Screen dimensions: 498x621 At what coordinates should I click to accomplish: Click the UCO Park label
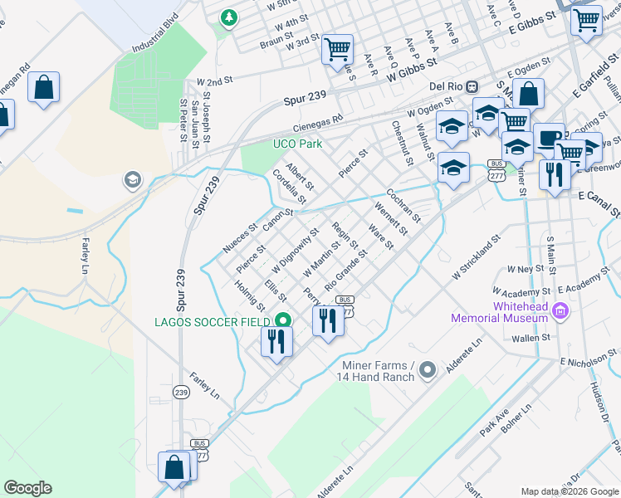(298, 143)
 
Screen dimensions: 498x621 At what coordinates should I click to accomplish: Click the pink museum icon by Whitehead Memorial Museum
(561, 311)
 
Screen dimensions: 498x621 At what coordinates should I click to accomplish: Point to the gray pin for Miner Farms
(428, 369)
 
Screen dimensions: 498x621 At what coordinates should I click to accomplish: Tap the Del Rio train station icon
(472, 86)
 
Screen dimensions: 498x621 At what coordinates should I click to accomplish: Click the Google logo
(27, 488)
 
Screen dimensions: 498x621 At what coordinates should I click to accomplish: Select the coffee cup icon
(548, 137)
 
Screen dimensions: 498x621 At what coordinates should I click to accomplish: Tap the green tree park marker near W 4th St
(228, 17)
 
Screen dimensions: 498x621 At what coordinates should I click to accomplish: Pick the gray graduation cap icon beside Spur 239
(132, 178)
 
